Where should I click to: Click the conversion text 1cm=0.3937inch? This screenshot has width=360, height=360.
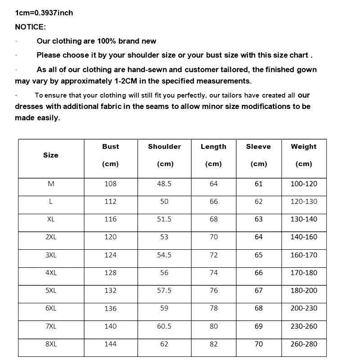pos(44,13)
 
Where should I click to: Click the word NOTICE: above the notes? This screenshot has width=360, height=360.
pos(30,27)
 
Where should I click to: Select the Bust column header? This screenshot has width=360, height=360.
pos(110,147)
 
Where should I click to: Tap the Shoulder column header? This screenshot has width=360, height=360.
pos(164,147)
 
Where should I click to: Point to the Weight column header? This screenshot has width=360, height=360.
pos(304,147)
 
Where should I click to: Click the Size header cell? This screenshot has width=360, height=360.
pos(51,155)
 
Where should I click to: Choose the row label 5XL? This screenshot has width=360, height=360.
pos(51,291)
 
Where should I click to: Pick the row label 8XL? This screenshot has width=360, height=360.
pos(51,344)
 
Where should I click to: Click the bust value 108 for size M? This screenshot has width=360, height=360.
pos(110,184)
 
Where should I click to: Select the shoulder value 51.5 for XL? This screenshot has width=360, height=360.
pos(164,219)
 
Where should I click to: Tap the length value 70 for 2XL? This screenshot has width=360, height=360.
pos(214,237)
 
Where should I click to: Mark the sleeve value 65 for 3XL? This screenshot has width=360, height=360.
pos(259,255)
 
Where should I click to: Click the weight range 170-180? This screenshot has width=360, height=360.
pos(304,273)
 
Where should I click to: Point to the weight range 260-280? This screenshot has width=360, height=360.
pos(304,344)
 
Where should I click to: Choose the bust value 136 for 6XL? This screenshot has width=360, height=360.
pos(110,309)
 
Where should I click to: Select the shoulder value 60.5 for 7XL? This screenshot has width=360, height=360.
pos(164,326)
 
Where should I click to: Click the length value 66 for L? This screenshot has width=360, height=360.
pos(214,202)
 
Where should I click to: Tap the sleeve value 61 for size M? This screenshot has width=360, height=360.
pos(259,184)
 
